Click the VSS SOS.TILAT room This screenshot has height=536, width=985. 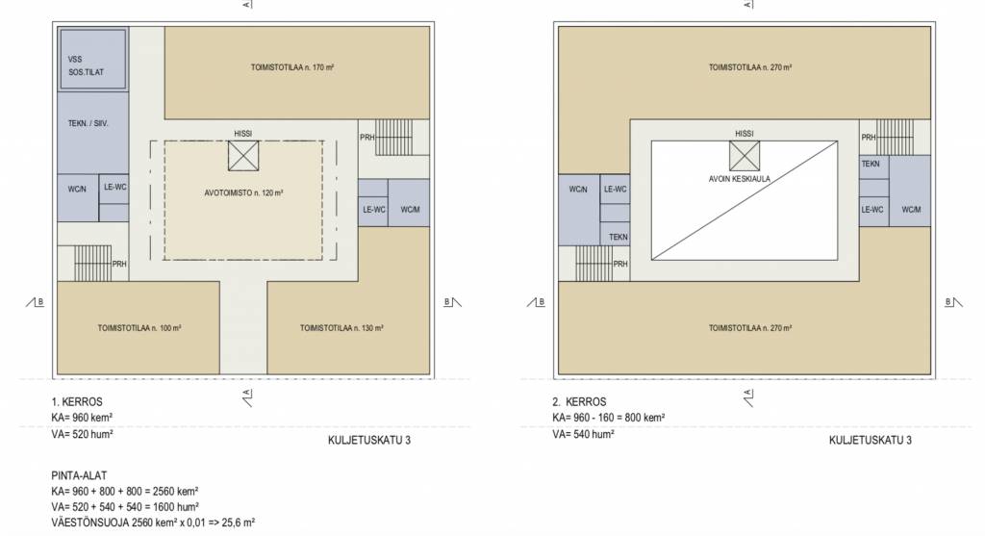(93, 59)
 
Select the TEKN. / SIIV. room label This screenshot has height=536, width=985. (88, 124)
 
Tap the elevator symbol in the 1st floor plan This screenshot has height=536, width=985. (243, 156)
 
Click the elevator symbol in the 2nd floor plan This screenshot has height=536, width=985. (745, 156)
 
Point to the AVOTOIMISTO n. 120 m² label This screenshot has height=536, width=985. (243, 192)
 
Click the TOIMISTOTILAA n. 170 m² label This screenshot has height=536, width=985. (292, 67)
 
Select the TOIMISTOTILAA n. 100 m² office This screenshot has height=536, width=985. (139, 327)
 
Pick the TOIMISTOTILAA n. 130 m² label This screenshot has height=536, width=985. (341, 328)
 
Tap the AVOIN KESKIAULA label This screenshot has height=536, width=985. (740, 179)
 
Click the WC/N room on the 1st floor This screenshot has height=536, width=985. (78, 198)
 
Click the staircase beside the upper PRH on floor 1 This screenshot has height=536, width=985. (393, 137)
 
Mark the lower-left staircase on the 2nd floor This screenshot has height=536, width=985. (594, 264)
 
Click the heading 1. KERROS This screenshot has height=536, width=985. (77, 402)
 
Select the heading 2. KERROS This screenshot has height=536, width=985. (579, 402)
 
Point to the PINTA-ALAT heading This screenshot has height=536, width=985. (79, 475)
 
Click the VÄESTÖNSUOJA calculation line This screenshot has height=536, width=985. (153, 523)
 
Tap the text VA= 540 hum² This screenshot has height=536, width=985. (584, 434)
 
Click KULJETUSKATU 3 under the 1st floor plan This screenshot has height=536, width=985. (369, 441)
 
